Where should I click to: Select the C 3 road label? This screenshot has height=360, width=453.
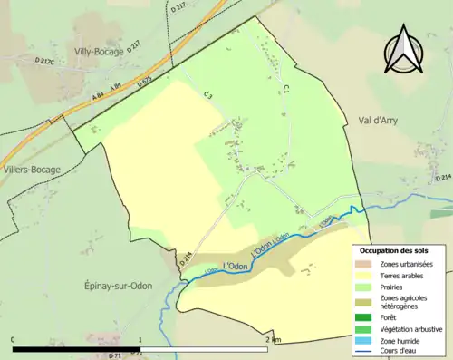(207, 94)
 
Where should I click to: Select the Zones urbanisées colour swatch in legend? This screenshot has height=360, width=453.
(367, 263)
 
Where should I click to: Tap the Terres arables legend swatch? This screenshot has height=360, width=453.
(367, 275)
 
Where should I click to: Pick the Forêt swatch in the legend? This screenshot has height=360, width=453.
(367, 316)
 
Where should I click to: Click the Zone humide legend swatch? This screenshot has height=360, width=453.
(367, 340)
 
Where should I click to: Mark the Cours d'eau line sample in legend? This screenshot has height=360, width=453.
(367, 352)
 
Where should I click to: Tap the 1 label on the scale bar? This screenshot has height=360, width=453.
(140, 339)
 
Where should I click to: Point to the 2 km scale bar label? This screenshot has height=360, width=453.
(273, 339)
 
